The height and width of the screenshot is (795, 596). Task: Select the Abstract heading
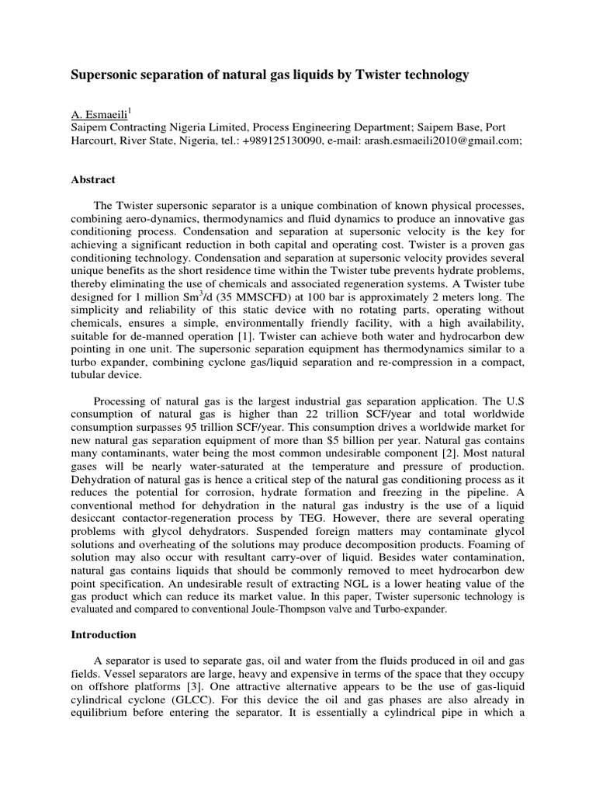click(x=93, y=180)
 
